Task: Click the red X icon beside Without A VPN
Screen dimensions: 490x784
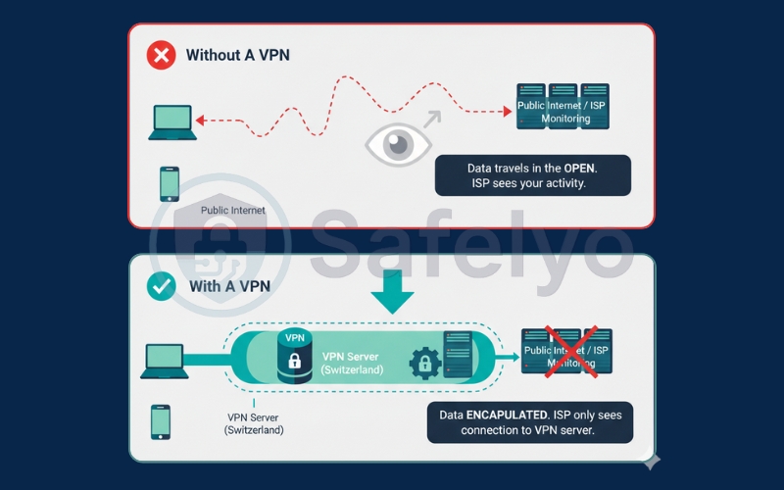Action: click(161, 55)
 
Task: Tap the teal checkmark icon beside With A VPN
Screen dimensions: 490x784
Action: click(161, 287)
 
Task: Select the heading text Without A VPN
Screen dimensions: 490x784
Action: click(238, 56)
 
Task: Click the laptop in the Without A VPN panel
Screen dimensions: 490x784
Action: click(172, 122)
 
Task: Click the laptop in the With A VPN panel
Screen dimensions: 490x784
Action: click(165, 361)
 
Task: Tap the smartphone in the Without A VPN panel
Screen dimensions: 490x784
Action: click(170, 183)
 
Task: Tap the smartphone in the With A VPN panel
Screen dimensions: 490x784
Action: click(160, 421)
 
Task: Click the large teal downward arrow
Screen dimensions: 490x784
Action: click(392, 290)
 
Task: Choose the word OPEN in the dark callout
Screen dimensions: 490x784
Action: click(575, 168)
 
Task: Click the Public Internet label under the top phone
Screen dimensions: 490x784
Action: click(233, 211)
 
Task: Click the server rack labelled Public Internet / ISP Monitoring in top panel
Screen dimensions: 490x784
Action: click(563, 104)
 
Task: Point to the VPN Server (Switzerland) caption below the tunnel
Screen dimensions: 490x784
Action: click(254, 423)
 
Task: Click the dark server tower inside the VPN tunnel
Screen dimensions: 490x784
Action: click(458, 354)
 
